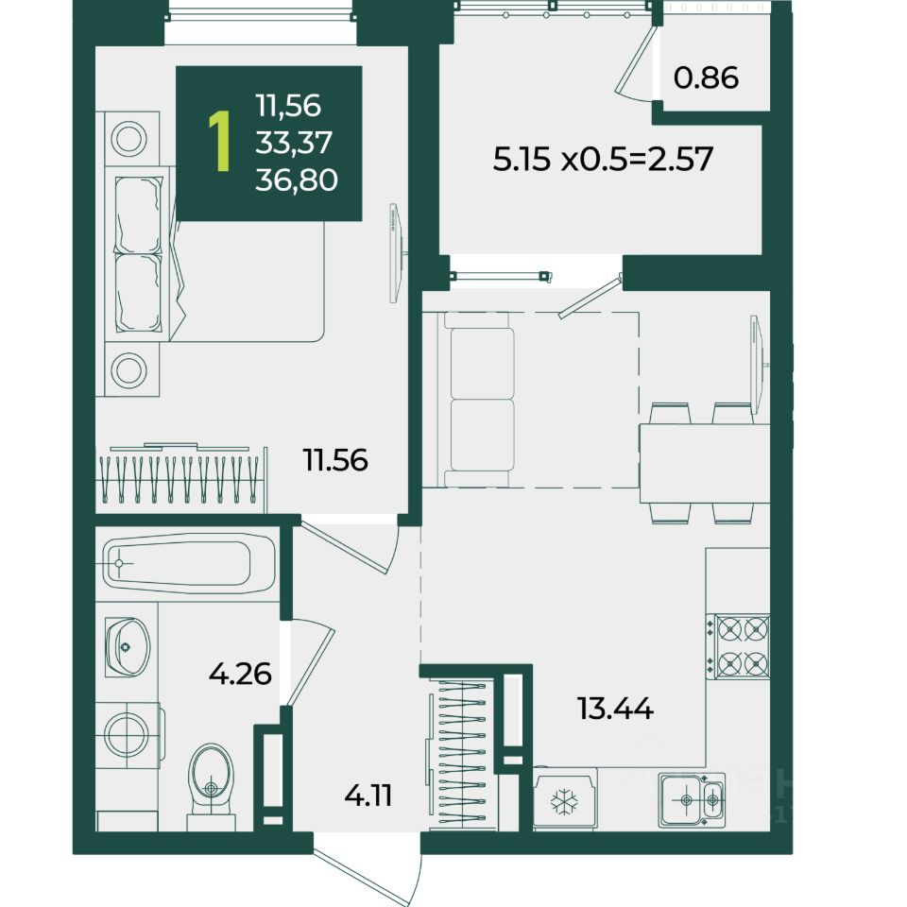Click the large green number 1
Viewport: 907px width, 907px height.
(220, 142)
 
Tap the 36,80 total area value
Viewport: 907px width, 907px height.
(296, 180)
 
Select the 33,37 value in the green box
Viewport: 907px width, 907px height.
(294, 143)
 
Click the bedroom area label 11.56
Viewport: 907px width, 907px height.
(335, 460)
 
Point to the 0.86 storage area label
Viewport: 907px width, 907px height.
(707, 77)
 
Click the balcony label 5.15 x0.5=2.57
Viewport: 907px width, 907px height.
(603, 159)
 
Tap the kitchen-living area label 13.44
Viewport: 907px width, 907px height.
(615, 708)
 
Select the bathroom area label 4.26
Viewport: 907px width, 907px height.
(240, 674)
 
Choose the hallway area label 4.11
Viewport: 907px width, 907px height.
(368, 796)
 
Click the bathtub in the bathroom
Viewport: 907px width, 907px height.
(190, 563)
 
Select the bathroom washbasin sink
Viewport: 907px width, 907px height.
(128, 646)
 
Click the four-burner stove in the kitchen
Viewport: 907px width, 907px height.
(743, 646)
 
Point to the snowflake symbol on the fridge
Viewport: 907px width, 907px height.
(564, 802)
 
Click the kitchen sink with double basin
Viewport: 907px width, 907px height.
(692, 800)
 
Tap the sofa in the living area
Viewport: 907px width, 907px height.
(476, 399)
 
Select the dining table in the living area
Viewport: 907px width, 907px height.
(705, 465)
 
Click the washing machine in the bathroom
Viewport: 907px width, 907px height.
(128, 735)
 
